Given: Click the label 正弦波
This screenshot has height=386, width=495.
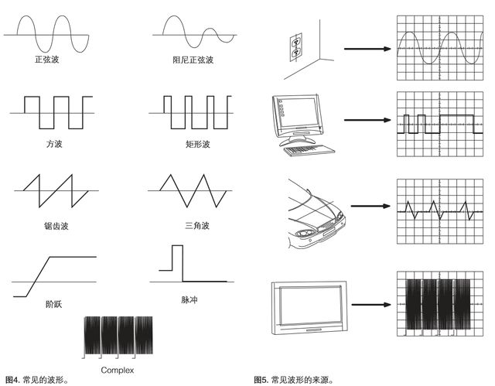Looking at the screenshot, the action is [46, 60].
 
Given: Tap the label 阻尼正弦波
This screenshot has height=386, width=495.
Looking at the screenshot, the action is [193, 60].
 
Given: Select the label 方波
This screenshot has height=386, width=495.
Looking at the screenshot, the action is [54, 144].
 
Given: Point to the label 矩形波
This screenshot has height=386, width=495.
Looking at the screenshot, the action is [198, 145].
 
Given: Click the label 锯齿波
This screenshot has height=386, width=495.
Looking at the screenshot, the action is [56, 226].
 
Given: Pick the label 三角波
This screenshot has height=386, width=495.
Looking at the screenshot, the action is [197, 226].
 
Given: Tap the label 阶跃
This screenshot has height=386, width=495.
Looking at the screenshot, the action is [54, 304].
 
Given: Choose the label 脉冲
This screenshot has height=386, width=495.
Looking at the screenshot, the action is [189, 300].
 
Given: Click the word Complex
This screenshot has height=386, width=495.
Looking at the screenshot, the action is [118, 371].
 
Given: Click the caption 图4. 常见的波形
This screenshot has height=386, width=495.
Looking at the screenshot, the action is [37, 380].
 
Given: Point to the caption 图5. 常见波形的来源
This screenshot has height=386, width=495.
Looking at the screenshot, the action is [294, 380].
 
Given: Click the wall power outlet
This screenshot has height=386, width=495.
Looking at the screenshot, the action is [296, 47].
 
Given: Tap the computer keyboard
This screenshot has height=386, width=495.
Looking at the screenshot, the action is [309, 149].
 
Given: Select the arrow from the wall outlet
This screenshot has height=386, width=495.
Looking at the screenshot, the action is [367, 49].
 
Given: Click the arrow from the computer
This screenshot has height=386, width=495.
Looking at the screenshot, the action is [367, 120].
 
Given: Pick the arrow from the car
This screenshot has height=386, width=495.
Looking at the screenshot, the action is [371, 206].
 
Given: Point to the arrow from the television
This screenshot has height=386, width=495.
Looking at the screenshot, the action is [371, 305].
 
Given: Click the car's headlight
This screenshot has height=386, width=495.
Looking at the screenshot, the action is [305, 234].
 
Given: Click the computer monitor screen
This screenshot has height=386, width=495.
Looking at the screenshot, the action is [299, 113].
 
